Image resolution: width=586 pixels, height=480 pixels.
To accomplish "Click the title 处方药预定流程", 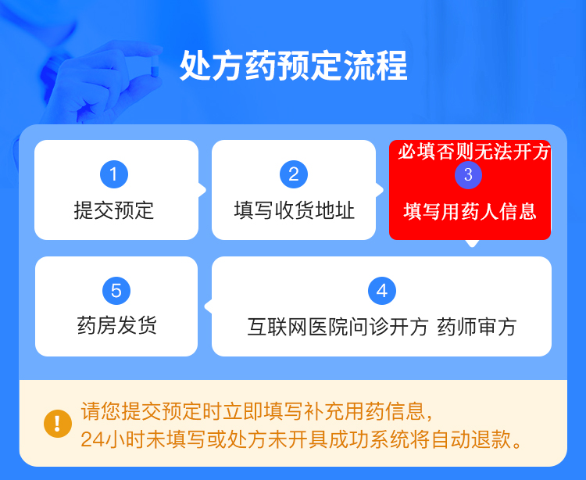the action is [x=293, y=66].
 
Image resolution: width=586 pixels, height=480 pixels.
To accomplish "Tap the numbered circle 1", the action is [x=114, y=174].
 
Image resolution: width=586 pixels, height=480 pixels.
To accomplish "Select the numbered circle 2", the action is [x=294, y=174].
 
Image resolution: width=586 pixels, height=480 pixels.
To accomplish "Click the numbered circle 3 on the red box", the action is [x=468, y=175].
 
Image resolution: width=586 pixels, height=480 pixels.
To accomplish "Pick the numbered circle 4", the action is [x=382, y=291].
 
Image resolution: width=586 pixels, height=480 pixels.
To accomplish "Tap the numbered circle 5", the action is [x=116, y=291].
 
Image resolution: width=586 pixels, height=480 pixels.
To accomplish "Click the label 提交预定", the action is [x=114, y=210].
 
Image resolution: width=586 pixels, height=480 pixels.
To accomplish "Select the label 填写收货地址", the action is [x=294, y=210].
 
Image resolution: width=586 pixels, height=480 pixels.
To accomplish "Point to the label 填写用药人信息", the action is [x=470, y=211].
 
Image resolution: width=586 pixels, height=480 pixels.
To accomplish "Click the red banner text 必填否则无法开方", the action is [x=473, y=152].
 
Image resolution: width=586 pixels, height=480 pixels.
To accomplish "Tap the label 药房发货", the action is [x=116, y=325].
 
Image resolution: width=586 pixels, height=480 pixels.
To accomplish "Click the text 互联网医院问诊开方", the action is [x=338, y=327].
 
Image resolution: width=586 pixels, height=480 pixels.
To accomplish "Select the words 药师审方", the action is [x=477, y=327].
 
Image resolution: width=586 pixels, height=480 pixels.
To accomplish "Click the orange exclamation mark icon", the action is [x=58, y=424].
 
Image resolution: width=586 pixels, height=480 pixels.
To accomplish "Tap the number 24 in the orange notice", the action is [x=91, y=439].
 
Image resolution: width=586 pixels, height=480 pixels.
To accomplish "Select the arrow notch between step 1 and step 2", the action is [x=202, y=190].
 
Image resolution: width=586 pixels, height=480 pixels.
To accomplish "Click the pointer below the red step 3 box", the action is [x=472, y=243].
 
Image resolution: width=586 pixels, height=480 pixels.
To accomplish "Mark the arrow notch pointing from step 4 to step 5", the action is [x=208, y=306].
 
